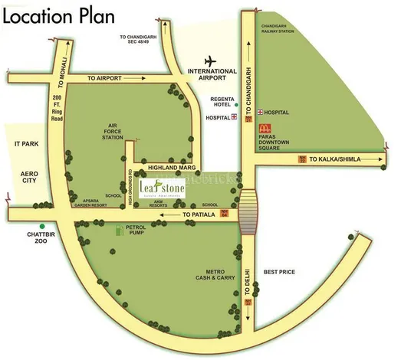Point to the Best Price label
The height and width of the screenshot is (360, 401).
pyautogui.click(x=279, y=272)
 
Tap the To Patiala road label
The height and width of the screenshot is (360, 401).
pyautogui.click(x=201, y=218)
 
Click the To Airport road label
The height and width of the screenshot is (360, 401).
pyautogui.click(x=106, y=79)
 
